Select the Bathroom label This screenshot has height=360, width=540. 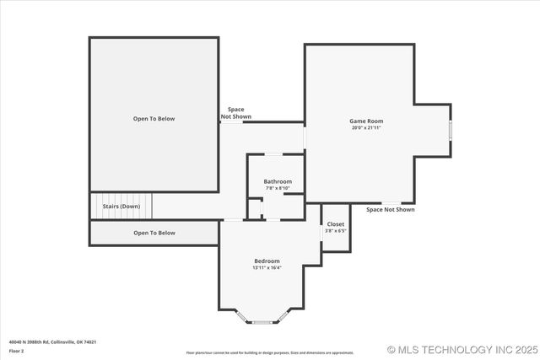click(x=278, y=181)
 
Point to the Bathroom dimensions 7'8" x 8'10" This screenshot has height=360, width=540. click(x=278, y=188)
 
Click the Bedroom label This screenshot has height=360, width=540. click(x=267, y=261)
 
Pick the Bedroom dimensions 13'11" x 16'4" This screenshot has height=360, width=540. click(x=267, y=268)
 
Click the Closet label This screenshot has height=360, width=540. click(x=336, y=224)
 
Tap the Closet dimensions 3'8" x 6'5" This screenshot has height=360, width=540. click(x=336, y=231)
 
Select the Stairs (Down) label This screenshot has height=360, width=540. click(x=121, y=206)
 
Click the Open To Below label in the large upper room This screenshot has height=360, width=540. click(x=154, y=119)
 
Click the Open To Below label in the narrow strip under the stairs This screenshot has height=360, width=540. click(x=154, y=233)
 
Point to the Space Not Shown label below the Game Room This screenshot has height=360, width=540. click(x=390, y=210)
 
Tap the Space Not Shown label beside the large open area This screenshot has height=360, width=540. click(x=236, y=112)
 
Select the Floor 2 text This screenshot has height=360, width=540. click(x=17, y=349)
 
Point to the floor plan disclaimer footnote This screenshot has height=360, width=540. click(x=270, y=352)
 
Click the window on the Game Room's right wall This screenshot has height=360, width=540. click(x=451, y=130)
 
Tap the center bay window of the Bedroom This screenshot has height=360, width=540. click(x=262, y=322)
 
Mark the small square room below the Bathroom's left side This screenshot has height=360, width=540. click(x=254, y=208)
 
